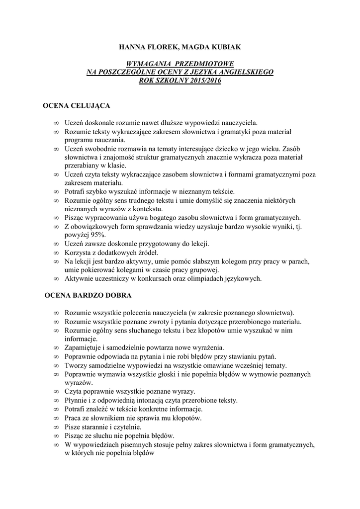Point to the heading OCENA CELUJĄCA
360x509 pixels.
point(77,106)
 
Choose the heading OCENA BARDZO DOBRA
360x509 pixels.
point(88,295)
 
